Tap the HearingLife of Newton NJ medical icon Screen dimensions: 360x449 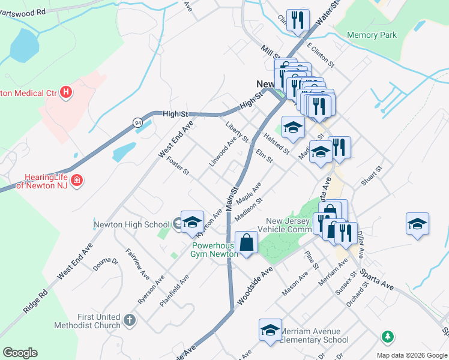[x=76, y=181]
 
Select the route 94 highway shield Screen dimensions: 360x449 [x=138, y=122]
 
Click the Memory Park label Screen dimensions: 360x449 [x=372, y=35]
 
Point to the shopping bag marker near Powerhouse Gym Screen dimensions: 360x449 [x=247, y=243]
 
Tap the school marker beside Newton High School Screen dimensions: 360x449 [x=192, y=222]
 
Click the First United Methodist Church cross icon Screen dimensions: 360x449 [x=130, y=321]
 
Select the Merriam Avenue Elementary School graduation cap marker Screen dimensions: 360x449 [x=270, y=330]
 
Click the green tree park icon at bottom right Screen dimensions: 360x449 [x=388, y=337]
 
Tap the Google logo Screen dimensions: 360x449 [x=20, y=353]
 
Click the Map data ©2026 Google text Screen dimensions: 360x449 [x=411, y=355]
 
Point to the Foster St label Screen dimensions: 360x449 [x=178, y=166]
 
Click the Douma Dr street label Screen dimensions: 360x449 [x=106, y=265]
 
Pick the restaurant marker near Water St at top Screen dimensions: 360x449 [x=298, y=20]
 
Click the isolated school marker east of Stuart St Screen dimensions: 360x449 [x=417, y=224]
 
